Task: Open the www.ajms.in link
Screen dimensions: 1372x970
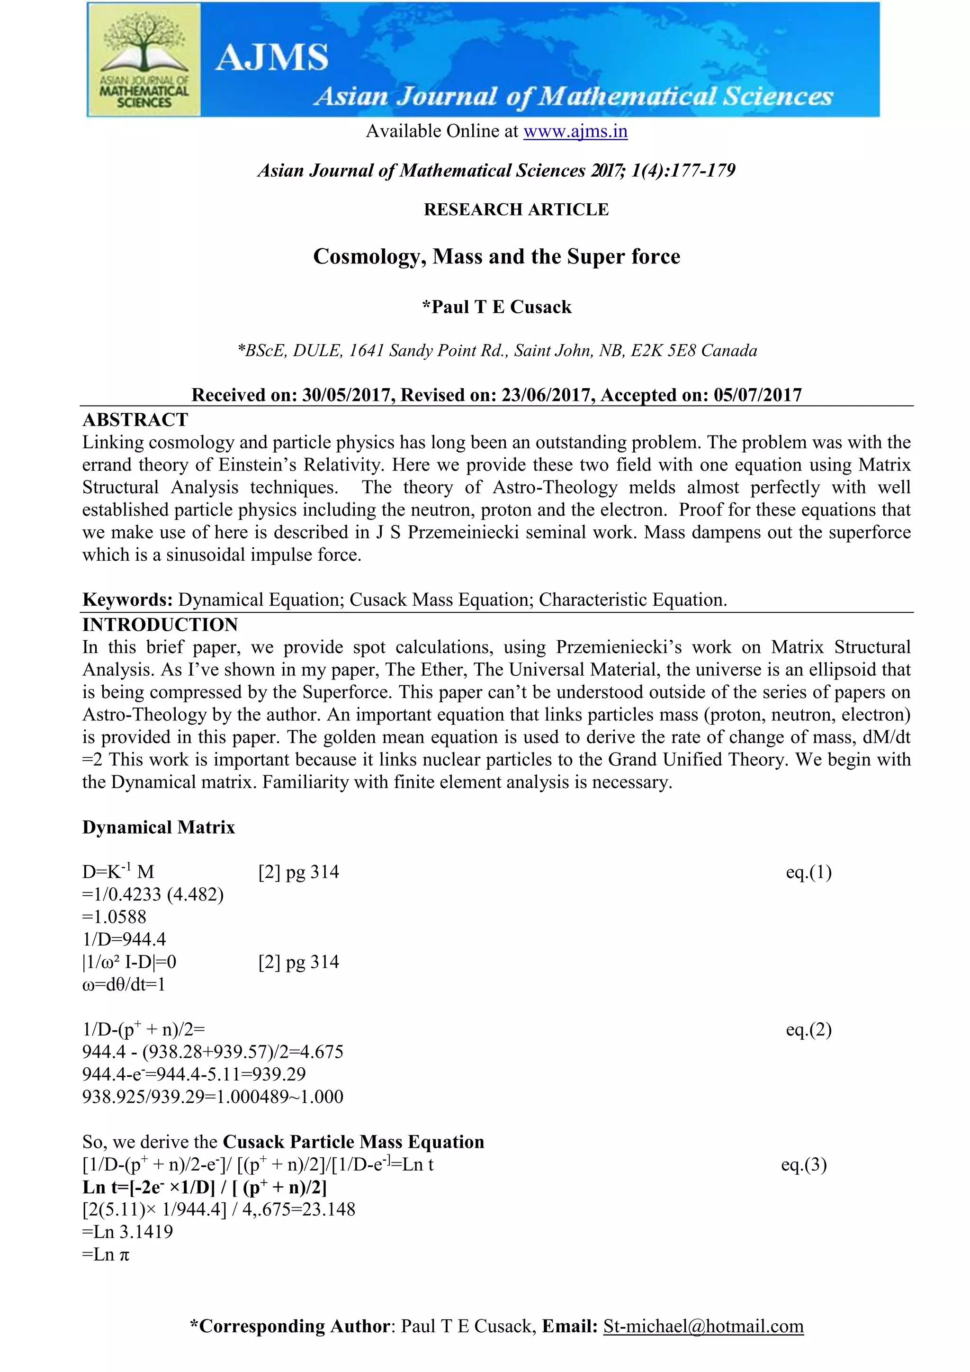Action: [x=575, y=131]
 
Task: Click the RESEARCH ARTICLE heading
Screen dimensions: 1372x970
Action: [x=516, y=210]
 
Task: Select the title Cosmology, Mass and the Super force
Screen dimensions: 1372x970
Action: [x=496, y=256]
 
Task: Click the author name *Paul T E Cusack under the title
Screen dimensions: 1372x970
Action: [x=496, y=307]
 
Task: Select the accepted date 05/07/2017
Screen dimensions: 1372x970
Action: [x=757, y=395]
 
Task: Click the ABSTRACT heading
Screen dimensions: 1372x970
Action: [x=135, y=419]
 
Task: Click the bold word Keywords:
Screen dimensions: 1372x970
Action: [x=128, y=600]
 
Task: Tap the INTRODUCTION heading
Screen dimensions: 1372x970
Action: [x=160, y=625]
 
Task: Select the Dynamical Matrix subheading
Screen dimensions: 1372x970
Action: [x=159, y=827]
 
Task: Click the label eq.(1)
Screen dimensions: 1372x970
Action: [x=809, y=872]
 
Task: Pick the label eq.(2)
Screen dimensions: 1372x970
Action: [x=809, y=1030]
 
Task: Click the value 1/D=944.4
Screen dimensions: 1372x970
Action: [x=124, y=939]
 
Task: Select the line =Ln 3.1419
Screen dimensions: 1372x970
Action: [x=128, y=1232]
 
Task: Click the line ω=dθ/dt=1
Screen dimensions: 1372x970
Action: [x=124, y=985]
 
